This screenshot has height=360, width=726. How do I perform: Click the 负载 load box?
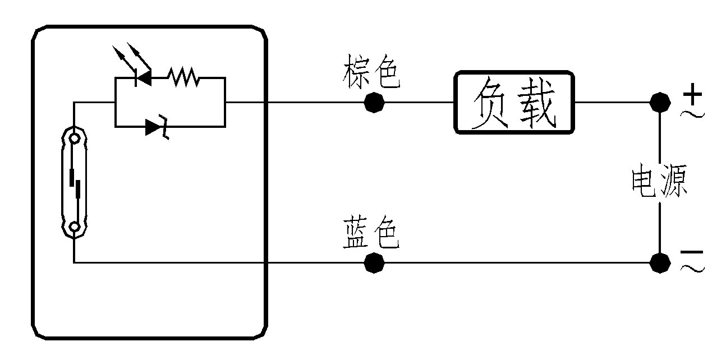tap(514, 102)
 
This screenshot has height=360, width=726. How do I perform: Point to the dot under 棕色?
tap(374, 103)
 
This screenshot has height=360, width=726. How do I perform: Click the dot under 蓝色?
tap(374, 262)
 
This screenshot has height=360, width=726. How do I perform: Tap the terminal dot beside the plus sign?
tap(660, 103)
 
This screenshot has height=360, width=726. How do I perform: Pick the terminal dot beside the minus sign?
tap(660, 262)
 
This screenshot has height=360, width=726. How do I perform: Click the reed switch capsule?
tap(74, 182)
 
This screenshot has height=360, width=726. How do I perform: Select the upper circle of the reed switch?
tap(74, 137)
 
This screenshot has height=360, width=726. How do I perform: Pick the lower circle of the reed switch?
tap(74, 227)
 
